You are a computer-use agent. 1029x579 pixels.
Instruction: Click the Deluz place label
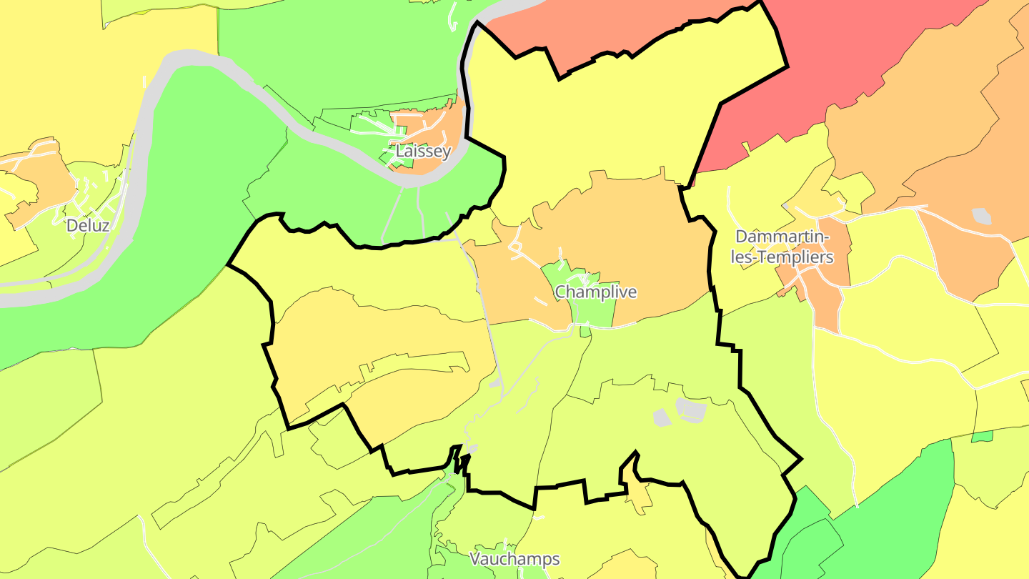tap(88, 226)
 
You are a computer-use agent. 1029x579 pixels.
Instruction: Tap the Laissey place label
tap(424, 152)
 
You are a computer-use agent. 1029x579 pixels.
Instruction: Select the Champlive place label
tap(595, 292)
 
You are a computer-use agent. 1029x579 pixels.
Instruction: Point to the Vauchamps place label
tap(514, 559)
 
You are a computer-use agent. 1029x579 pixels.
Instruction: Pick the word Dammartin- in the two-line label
tap(782, 237)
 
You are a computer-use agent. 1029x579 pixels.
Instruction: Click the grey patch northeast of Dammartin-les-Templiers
tap(982, 215)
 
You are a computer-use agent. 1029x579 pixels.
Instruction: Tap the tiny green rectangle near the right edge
tap(982, 436)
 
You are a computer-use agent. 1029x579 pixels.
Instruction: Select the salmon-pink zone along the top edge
tap(607, 29)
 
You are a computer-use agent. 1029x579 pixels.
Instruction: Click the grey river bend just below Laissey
tap(411, 180)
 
